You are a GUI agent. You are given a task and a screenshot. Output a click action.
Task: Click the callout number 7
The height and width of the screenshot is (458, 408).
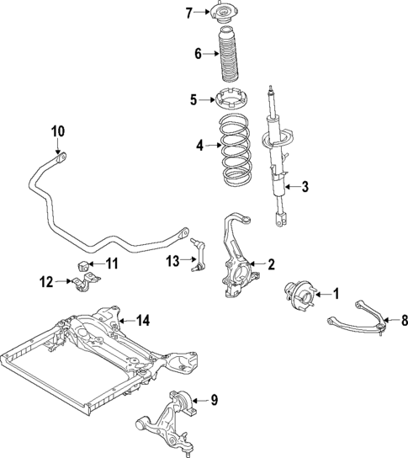click(x=188, y=12)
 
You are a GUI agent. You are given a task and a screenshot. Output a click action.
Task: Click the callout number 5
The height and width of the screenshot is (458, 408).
click(x=193, y=100)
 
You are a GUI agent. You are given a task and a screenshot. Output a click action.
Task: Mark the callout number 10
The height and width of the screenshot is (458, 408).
click(x=56, y=131)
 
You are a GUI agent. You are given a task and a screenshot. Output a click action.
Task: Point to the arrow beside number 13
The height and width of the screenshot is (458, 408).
click(x=185, y=262)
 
